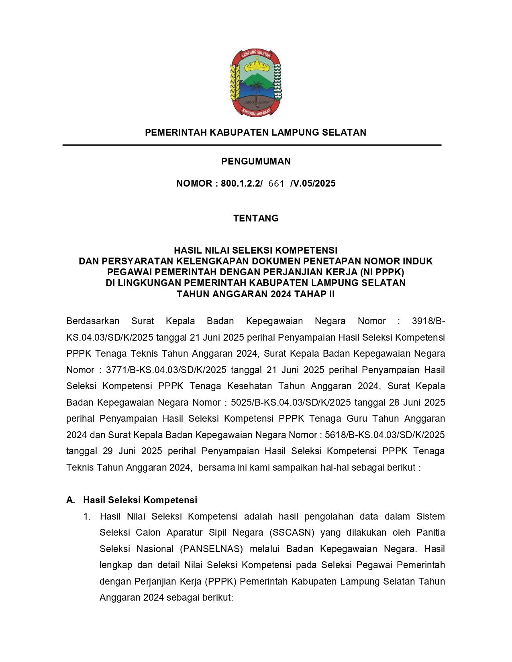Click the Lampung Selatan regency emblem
(256, 83)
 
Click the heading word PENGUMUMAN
(256, 161)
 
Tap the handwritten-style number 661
(276, 184)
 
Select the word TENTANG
(256, 218)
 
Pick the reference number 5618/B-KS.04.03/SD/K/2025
(385, 435)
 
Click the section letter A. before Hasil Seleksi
(71, 500)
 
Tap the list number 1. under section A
(87, 516)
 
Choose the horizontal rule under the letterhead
(252, 145)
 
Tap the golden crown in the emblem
(256, 63)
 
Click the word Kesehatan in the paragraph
(250, 386)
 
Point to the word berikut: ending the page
(218, 597)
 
